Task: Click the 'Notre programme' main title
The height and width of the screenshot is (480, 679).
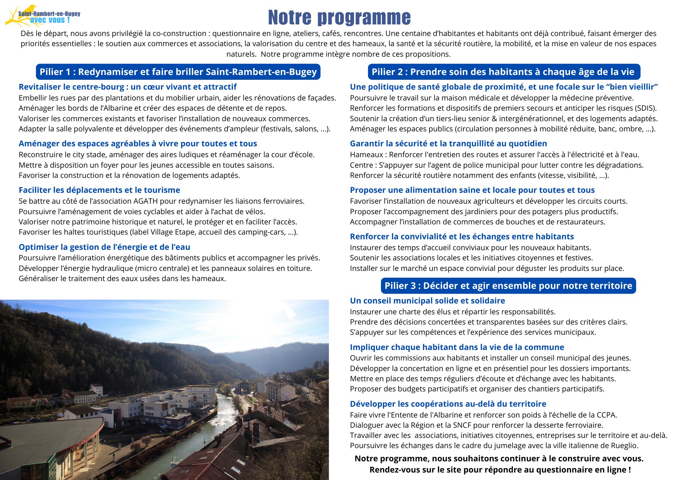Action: (x=339, y=18)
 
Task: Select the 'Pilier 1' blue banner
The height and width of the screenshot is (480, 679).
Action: (x=178, y=72)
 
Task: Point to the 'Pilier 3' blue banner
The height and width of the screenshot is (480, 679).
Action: (x=508, y=286)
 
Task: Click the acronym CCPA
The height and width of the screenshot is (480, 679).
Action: (x=605, y=415)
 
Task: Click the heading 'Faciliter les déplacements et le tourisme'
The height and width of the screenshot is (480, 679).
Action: (x=99, y=190)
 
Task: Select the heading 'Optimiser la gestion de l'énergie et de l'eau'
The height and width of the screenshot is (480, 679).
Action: (x=104, y=247)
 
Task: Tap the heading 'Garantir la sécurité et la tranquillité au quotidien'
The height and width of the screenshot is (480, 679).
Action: (x=448, y=144)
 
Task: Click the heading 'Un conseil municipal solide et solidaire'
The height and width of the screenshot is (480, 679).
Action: (x=427, y=301)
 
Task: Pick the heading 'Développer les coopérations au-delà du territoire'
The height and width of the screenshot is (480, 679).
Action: (x=448, y=404)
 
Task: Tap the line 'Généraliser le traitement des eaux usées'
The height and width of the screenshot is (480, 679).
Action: (x=122, y=279)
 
